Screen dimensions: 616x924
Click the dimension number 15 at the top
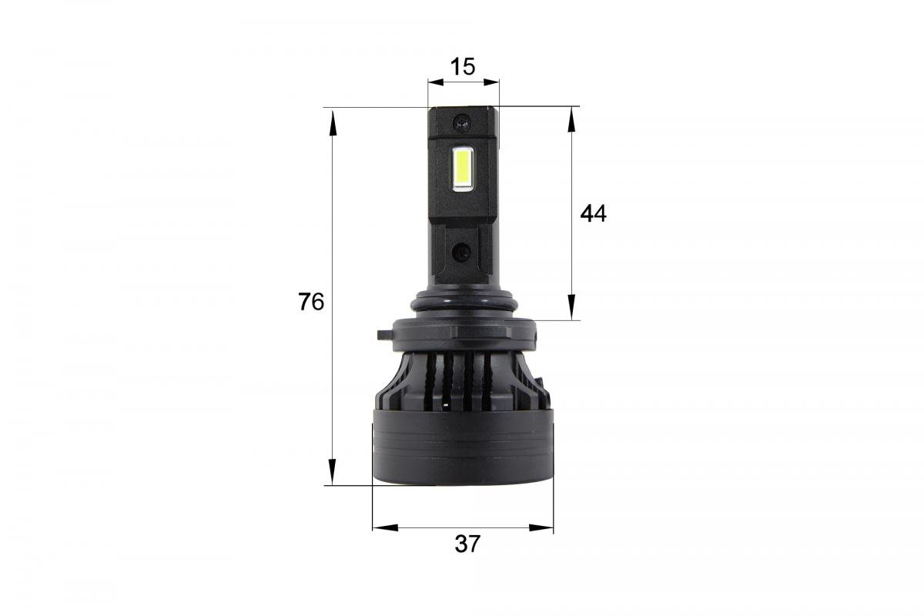[x=463, y=66]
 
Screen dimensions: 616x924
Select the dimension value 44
[x=593, y=214]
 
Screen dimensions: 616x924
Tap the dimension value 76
[x=311, y=303]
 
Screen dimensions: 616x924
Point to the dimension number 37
[x=467, y=544]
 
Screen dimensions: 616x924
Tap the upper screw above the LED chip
[x=461, y=121]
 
